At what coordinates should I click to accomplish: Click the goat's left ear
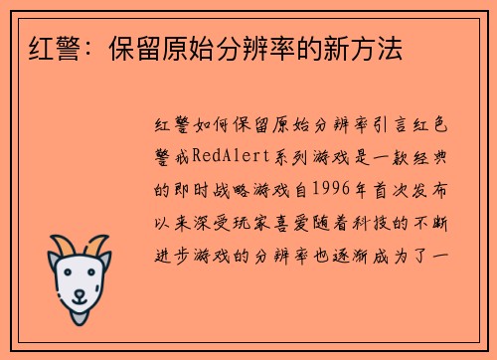click(x=53, y=265)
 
